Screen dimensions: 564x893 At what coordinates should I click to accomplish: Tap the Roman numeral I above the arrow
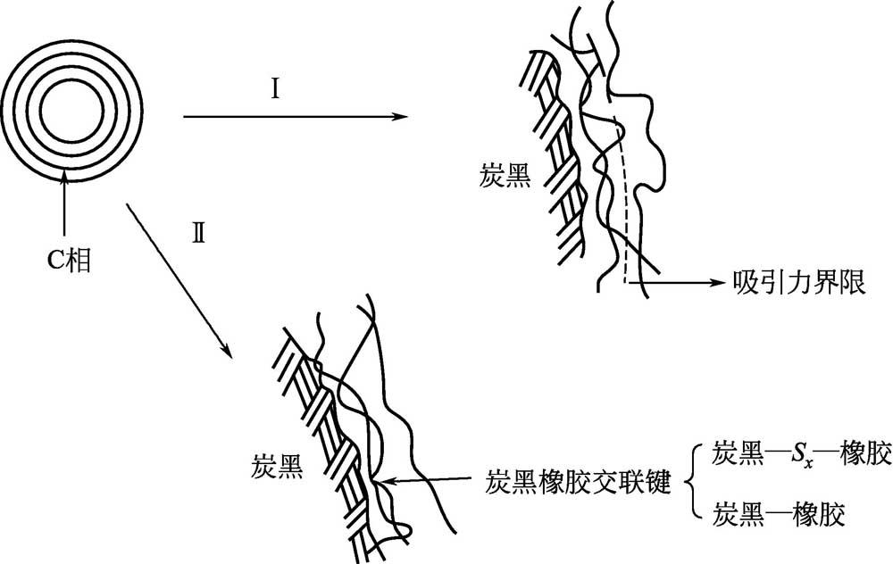[x=278, y=91]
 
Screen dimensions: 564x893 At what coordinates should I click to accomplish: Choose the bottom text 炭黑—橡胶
[x=779, y=514]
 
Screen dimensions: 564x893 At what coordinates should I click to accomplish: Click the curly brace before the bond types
[x=691, y=483]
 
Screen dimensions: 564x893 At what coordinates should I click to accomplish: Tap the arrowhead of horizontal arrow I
[x=389, y=116]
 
